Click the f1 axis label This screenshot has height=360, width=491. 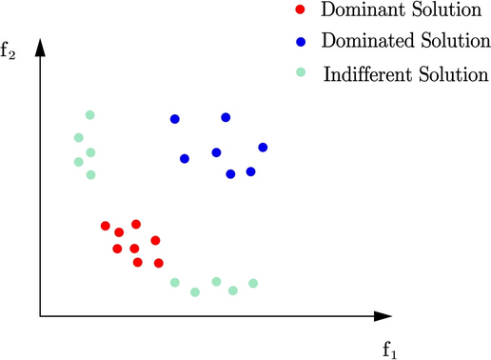pos(389,348)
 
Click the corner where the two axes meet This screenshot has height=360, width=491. pos(40,314)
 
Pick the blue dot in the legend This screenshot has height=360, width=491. pos(301,43)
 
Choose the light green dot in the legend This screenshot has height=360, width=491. pos(301,72)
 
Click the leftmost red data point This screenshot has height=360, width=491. pos(106,226)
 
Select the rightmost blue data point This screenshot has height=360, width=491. pos(263,147)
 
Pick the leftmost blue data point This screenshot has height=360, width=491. pos(175,119)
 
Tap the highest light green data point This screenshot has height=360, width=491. pos(90,115)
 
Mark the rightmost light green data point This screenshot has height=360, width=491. pos(253,283)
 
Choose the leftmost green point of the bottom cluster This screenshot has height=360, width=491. pos(175,282)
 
